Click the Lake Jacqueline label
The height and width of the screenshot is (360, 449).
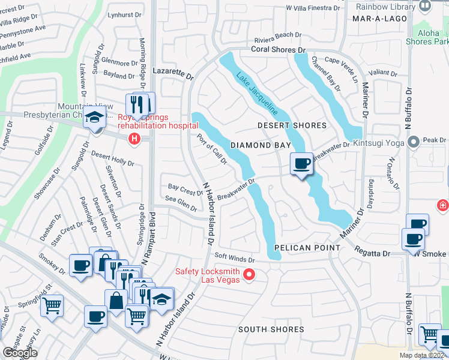256,94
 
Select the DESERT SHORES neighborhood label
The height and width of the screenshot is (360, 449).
292,125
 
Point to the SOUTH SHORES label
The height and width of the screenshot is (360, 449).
271,329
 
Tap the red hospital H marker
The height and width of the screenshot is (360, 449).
134,139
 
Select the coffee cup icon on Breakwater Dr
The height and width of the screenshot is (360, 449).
301,164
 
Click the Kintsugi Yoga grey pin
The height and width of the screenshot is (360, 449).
413,142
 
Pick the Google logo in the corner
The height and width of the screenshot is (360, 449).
19,353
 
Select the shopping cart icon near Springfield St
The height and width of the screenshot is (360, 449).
52,306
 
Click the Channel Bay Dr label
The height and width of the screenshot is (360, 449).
325,74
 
